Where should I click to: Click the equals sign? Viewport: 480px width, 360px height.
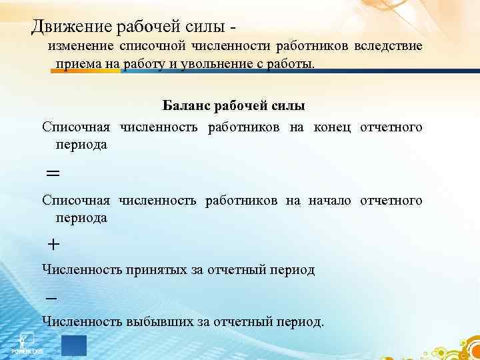click(53, 173)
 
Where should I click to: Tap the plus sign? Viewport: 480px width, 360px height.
click(53, 245)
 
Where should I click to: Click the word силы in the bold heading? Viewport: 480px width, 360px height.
click(288, 107)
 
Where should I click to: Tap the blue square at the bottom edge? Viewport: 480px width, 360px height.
click(73, 345)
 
